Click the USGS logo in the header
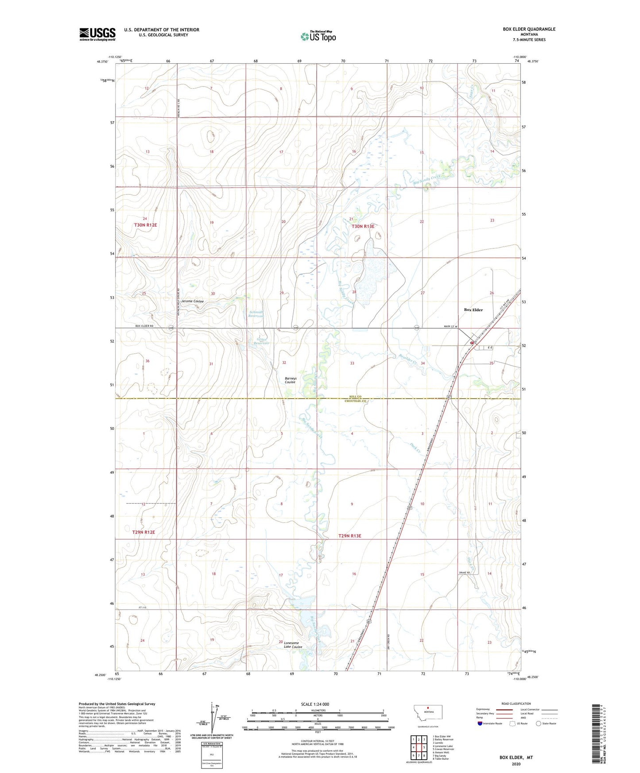tap(97, 34)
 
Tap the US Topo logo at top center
tap(318, 36)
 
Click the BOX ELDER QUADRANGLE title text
tap(529, 29)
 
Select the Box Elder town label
tap(473, 310)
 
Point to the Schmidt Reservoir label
tap(256, 314)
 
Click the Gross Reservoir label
tap(263, 341)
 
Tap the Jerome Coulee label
tap(193, 301)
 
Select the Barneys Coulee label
tap(291, 380)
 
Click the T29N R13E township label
tap(349, 536)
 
